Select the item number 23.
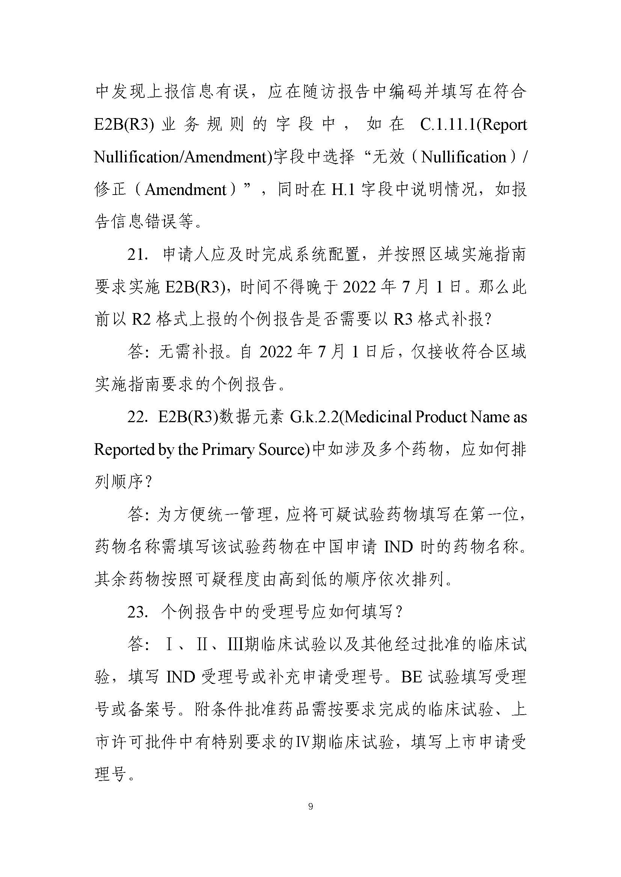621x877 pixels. pyautogui.click(x=138, y=612)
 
